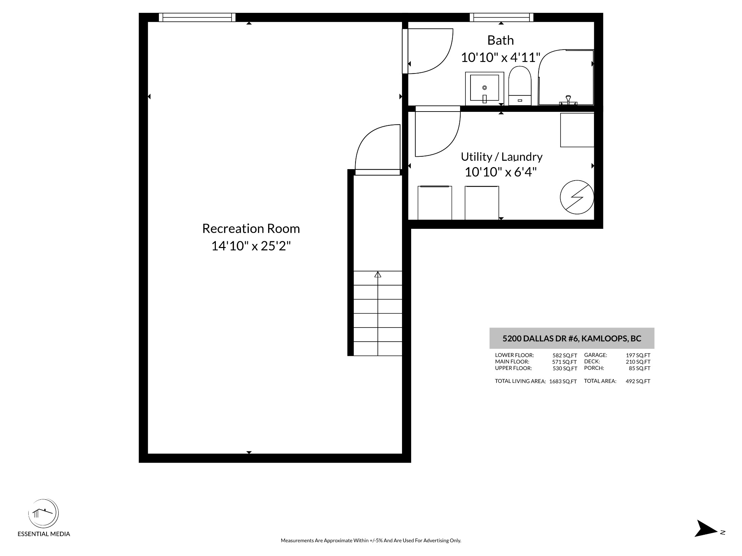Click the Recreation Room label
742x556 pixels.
[251, 228]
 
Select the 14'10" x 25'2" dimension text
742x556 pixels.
[251, 246]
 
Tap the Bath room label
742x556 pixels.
[501, 40]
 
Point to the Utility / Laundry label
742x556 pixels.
[502, 157]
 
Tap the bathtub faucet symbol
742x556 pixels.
[568, 100]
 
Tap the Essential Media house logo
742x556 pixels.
[43, 513]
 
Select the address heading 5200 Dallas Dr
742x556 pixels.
[572, 338]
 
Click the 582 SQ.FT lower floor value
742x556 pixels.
[565, 356]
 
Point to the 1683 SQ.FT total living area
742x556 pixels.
[563, 381]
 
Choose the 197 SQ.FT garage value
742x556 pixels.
[638, 355]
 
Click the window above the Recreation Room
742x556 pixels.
[197, 17]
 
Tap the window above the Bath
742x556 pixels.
[502, 17]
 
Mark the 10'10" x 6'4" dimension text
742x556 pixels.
[501, 172]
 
